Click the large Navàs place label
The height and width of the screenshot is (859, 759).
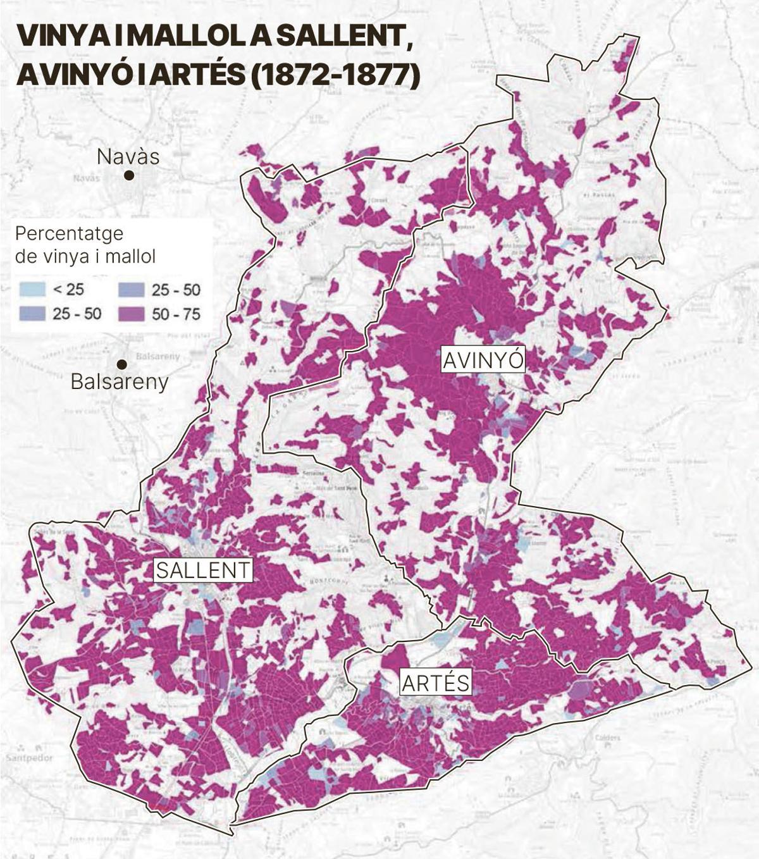coord(128,156)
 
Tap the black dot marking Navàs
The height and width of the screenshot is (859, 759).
coord(129,175)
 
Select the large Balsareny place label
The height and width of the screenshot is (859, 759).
coord(120,382)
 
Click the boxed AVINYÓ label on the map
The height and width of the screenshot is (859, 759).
coord(483,360)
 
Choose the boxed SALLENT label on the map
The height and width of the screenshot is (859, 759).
coord(203,570)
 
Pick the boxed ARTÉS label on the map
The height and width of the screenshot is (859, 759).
coord(436,683)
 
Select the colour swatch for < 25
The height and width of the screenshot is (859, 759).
coord(33,290)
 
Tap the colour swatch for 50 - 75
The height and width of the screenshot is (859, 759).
coord(131,313)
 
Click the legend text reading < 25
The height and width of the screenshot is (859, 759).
coord(68,290)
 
